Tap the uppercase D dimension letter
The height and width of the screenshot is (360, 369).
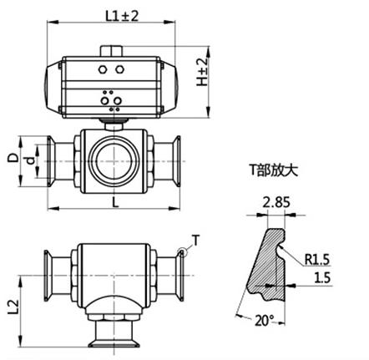pos(11,156)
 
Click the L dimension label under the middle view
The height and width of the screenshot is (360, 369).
pos(113,201)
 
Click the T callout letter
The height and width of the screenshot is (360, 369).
pos(196,241)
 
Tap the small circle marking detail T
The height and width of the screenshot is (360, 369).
pos(180,251)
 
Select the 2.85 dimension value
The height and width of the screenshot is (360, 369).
pos(275,200)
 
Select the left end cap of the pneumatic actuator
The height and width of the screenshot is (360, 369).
pos(53,85)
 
